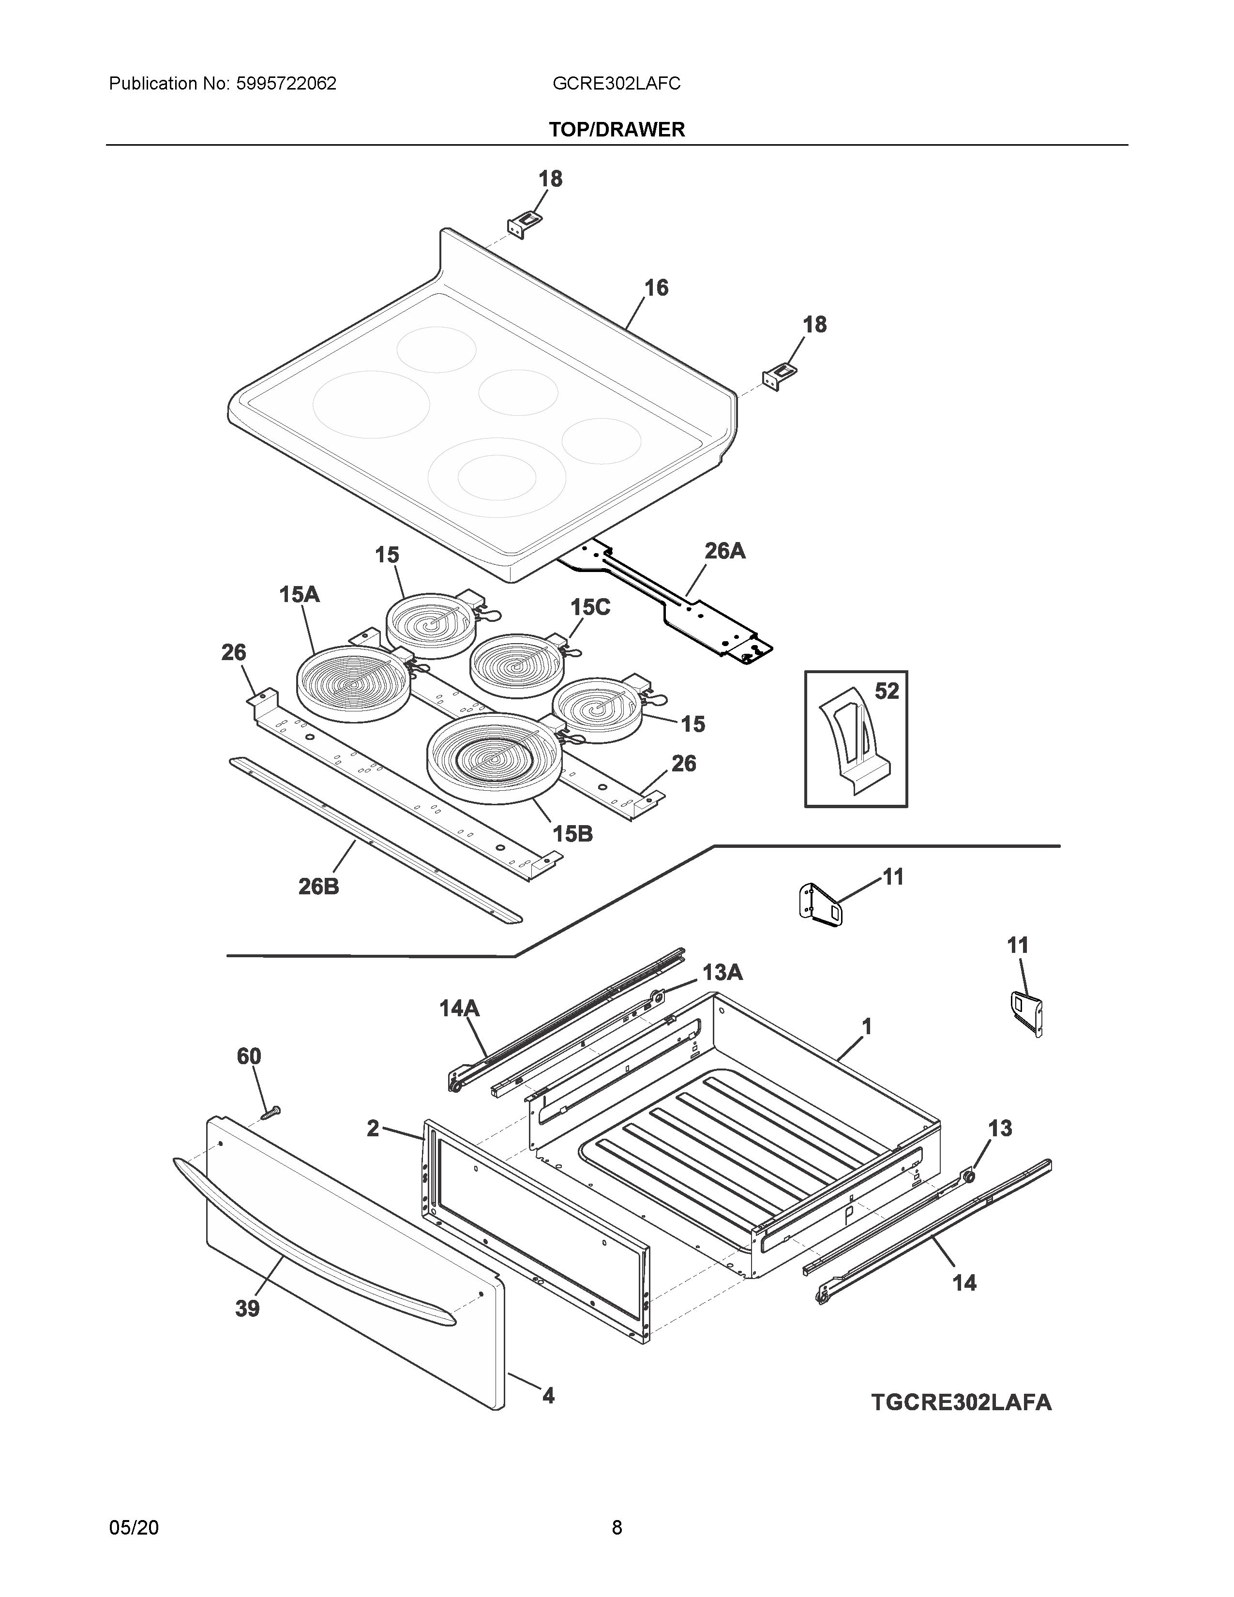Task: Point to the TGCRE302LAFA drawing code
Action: (961, 1402)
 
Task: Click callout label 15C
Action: (590, 607)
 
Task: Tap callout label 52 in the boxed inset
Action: (886, 691)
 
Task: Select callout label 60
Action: (249, 1056)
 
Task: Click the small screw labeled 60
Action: (271, 1112)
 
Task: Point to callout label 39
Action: (247, 1308)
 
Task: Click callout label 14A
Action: (459, 1009)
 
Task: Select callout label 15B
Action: (572, 834)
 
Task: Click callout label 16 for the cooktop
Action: (656, 288)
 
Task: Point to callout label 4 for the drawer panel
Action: (548, 1396)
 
